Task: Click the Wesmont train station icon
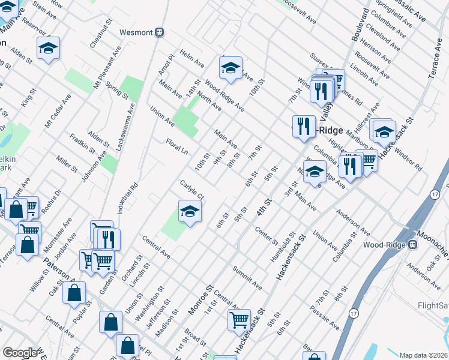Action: point(160,32)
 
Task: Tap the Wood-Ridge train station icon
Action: point(413,245)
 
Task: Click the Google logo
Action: point(20,353)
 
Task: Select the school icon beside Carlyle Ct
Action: point(190,211)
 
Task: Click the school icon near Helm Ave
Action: point(230,68)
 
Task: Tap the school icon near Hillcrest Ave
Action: point(384,130)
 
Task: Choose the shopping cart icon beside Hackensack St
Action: point(240,320)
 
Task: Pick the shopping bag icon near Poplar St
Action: point(74,293)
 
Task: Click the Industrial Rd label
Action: point(128,199)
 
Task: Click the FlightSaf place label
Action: point(433,305)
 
